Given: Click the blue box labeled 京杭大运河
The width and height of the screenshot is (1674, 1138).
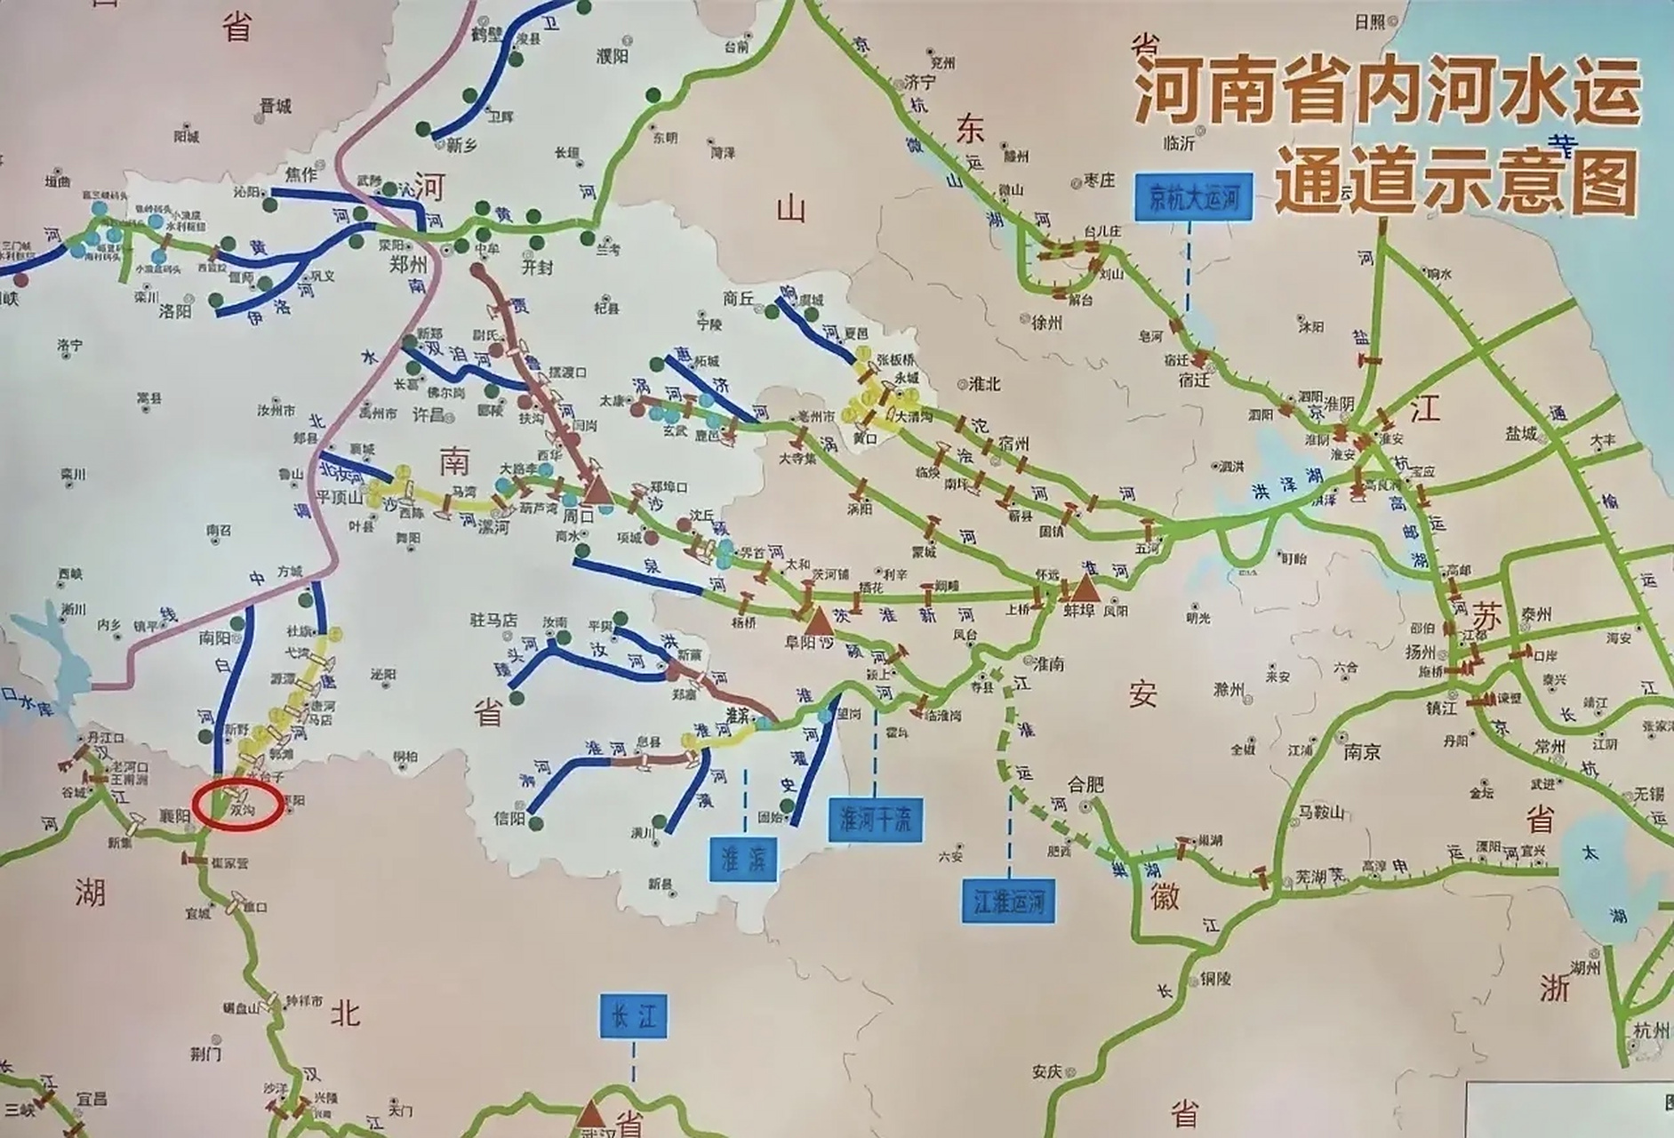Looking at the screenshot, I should point(1193,198).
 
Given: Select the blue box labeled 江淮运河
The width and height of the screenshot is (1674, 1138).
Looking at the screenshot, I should point(1009,902).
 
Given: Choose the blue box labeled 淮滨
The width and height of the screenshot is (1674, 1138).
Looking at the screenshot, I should point(744,858).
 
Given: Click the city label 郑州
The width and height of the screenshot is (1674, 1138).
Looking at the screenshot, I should point(409,265).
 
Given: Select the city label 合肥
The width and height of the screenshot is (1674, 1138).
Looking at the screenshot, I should point(1085,784).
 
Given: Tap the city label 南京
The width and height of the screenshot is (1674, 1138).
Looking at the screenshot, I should point(1361,752).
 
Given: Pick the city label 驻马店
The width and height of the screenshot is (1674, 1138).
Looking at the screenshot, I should point(494,621).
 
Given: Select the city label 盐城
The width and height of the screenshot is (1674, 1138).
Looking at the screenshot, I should point(1522,432).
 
